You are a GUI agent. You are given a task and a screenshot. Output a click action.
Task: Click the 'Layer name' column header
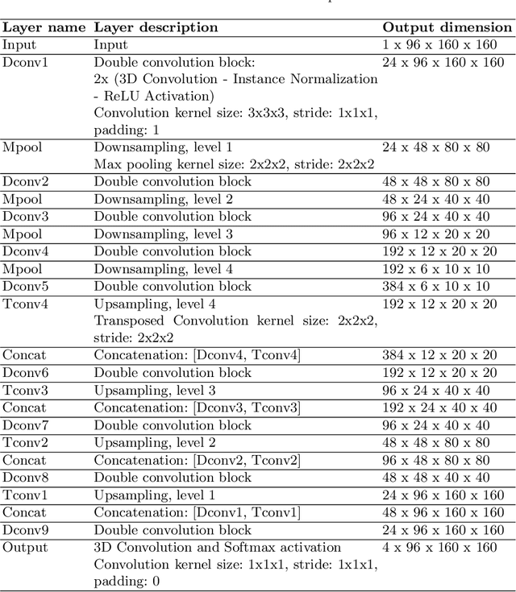[x=44, y=27]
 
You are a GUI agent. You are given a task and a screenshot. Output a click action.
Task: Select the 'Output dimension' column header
[x=447, y=27]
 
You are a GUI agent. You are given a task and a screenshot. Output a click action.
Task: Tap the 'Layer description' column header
[x=156, y=27]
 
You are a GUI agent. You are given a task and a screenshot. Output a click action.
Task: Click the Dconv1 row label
[x=25, y=60]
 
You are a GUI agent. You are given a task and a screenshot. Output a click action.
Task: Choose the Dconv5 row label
[x=25, y=286]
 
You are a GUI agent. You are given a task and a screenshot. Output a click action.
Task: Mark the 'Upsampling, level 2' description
[x=155, y=442]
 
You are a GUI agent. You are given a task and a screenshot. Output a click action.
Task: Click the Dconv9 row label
[x=25, y=530]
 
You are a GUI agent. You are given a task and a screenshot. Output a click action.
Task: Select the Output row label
[x=25, y=548]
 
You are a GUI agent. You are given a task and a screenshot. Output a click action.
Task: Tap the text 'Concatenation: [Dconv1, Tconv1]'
[x=197, y=512]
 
